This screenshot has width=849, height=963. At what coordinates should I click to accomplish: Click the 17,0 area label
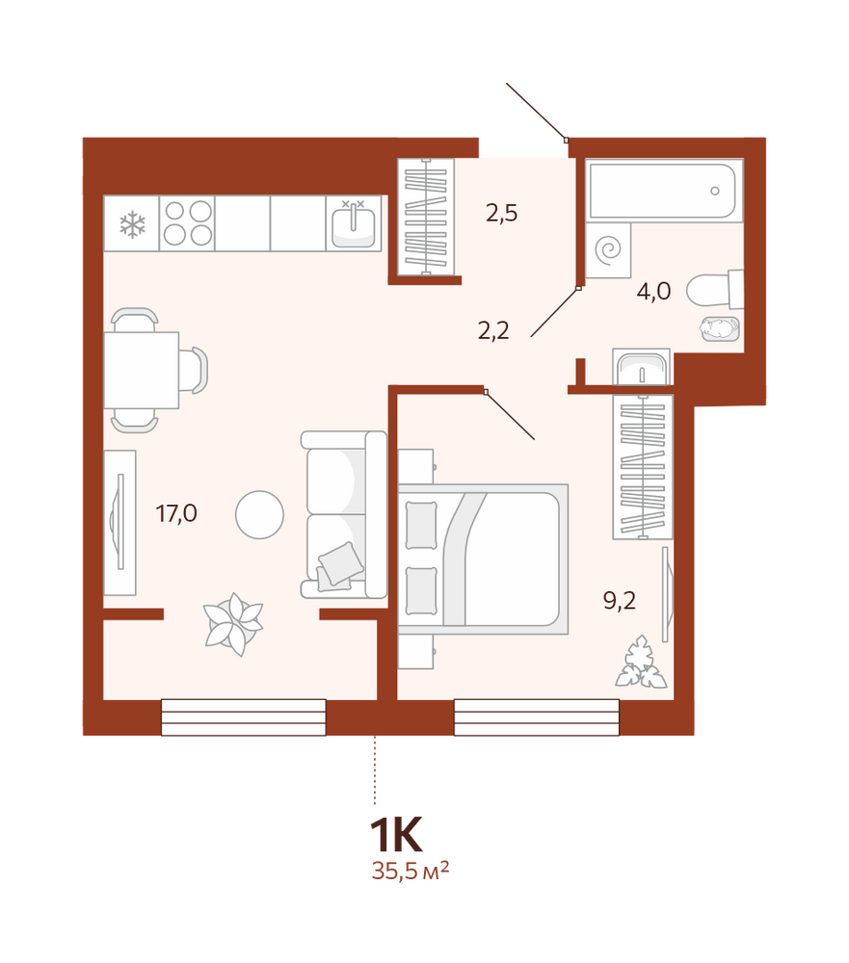point(176,513)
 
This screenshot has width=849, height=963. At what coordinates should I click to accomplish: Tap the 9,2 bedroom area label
point(619,600)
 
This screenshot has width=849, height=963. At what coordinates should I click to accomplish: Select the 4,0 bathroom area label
point(653,291)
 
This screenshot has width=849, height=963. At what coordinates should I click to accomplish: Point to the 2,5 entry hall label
point(502,213)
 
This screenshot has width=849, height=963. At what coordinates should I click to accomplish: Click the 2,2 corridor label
point(493,331)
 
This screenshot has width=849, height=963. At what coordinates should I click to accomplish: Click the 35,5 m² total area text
point(411,871)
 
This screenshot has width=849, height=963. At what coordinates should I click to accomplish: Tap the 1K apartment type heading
point(396,835)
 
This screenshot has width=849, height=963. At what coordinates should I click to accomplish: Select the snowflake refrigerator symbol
point(132,224)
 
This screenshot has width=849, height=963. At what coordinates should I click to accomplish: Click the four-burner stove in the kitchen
point(187,223)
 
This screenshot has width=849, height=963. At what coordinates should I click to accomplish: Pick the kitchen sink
point(353,223)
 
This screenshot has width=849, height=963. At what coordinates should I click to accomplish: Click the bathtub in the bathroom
point(664,190)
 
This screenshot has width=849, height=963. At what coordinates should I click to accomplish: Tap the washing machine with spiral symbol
point(608,250)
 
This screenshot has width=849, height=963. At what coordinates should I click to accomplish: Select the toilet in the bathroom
point(715,289)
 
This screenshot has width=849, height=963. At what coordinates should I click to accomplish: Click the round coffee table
point(259,514)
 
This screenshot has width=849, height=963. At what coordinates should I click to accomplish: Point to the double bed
point(483,559)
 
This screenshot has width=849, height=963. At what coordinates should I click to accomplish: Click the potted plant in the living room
point(233,624)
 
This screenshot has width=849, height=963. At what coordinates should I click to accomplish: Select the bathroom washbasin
point(641,367)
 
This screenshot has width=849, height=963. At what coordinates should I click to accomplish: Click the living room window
point(244,716)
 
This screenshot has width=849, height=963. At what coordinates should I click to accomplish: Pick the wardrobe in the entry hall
point(426,217)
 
